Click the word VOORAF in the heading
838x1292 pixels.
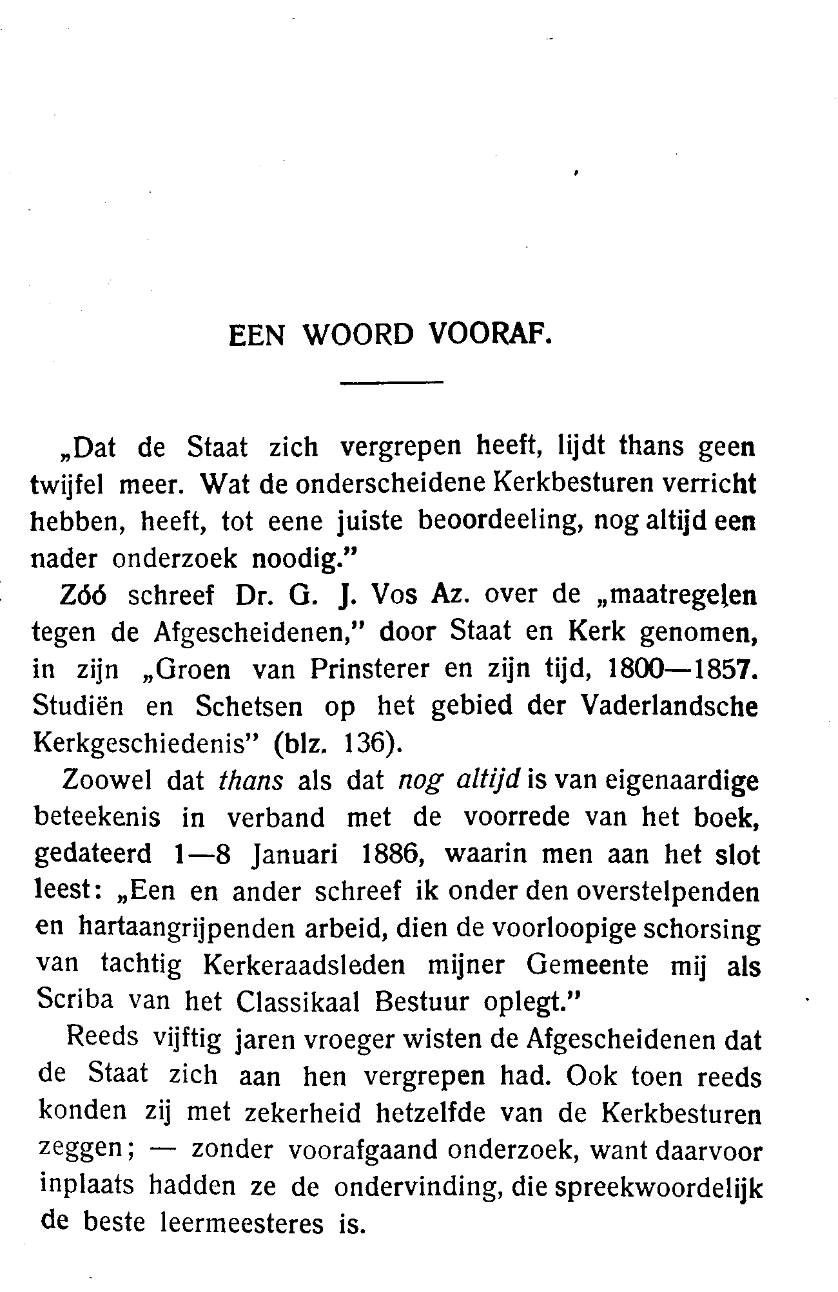(x=491, y=336)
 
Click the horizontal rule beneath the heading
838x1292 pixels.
(x=392, y=385)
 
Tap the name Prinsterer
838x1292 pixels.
(x=369, y=670)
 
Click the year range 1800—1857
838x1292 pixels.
(x=682, y=670)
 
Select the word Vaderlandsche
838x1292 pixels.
(x=670, y=707)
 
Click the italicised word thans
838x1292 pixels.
(x=251, y=782)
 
